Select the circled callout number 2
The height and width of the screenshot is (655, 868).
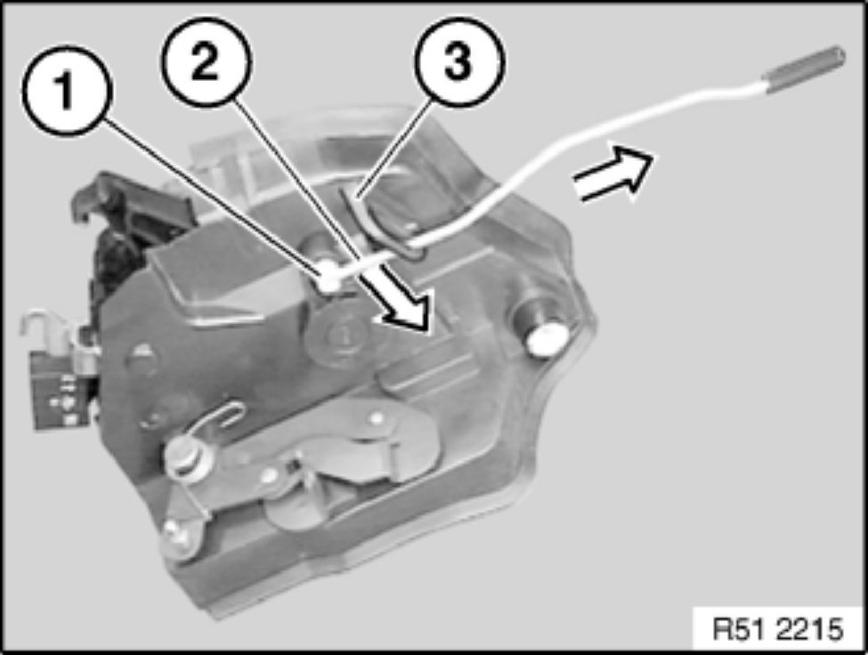pos(207,61)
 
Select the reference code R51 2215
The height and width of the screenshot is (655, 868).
pos(778,629)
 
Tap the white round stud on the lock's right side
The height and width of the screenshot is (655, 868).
pos(547,338)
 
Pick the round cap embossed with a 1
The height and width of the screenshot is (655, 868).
pos(337,336)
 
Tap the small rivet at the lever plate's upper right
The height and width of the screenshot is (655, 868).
pos(377,416)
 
